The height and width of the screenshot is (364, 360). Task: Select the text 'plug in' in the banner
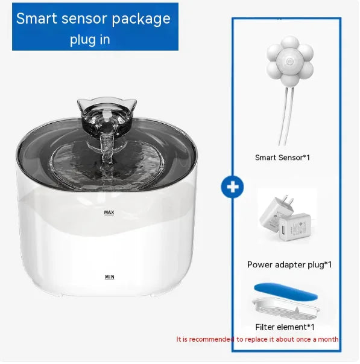point(90,40)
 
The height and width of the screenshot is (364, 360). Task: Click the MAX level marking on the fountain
point(109,212)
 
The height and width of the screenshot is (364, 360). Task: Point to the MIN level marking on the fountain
point(109,277)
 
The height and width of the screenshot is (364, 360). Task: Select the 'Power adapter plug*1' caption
point(289,264)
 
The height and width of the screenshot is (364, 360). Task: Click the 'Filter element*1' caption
point(285,327)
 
